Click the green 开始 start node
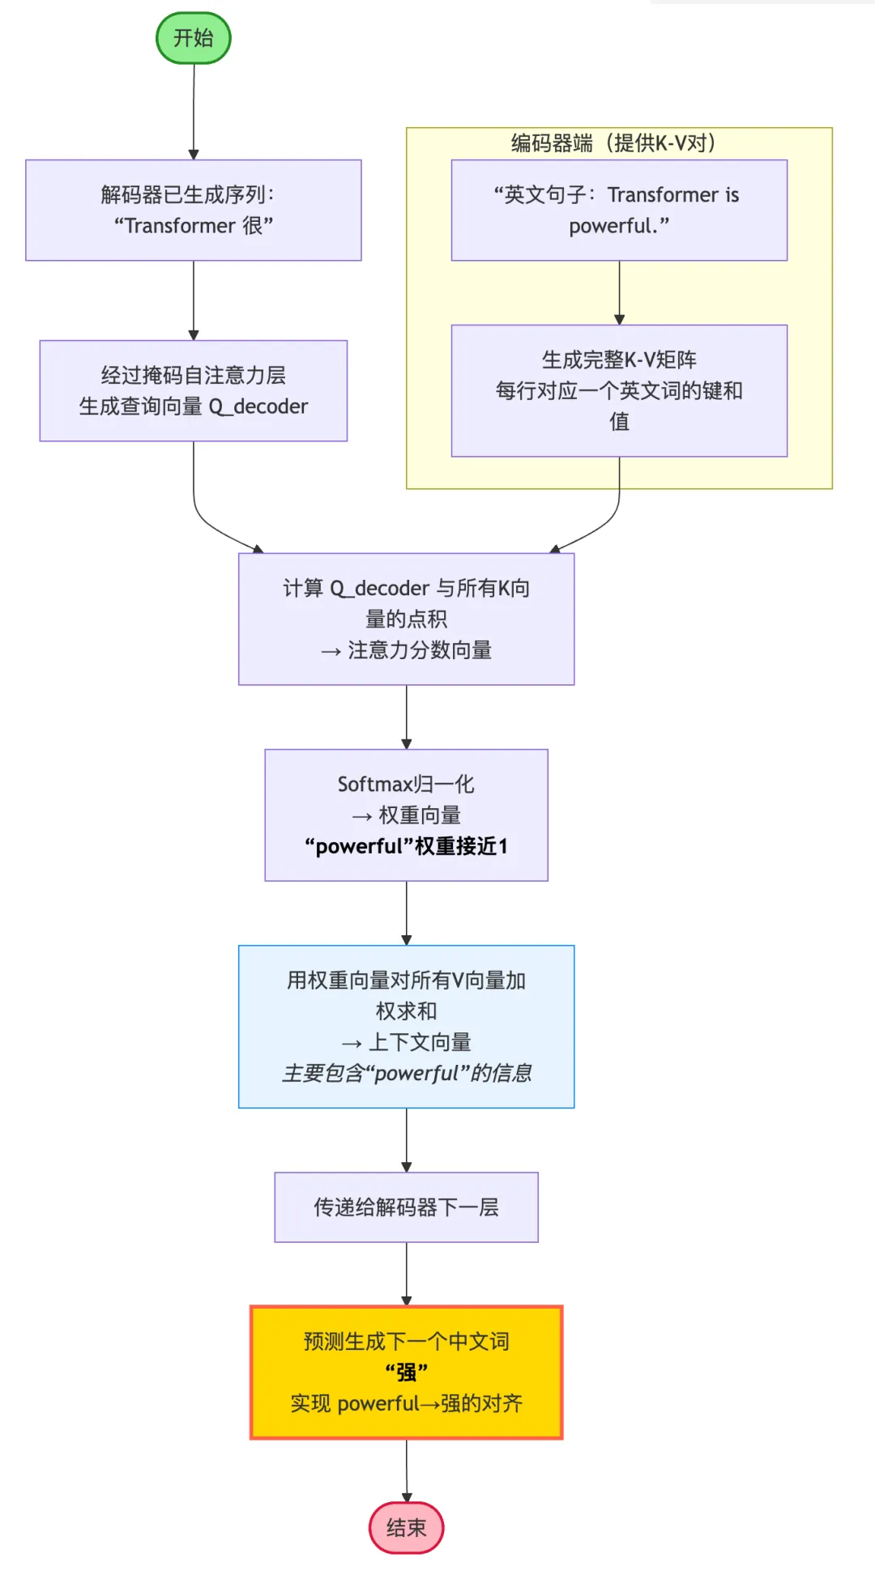[x=193, y=38]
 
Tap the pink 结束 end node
[x=406, y=1528]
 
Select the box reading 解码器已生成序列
[x=193, y=210]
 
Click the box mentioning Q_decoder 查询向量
[x=193, y=390]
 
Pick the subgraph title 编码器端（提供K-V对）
[x=612, y=143]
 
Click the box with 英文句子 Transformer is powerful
[x=619, y=210]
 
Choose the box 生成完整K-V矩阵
[x=619, y=390]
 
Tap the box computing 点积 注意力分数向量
[x=406, y=619]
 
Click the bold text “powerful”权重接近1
[x=406, y=846]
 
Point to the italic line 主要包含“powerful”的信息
[x=406, y=1073]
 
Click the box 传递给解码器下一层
[x=406, y=1207]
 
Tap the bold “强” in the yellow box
[x=406, y=1372]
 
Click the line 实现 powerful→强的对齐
[x=406, y=1403]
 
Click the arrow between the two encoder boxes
[x=619, y=292]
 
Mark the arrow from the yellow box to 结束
[x=407, y=1470]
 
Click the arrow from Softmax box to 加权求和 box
[x=406, y=913]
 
